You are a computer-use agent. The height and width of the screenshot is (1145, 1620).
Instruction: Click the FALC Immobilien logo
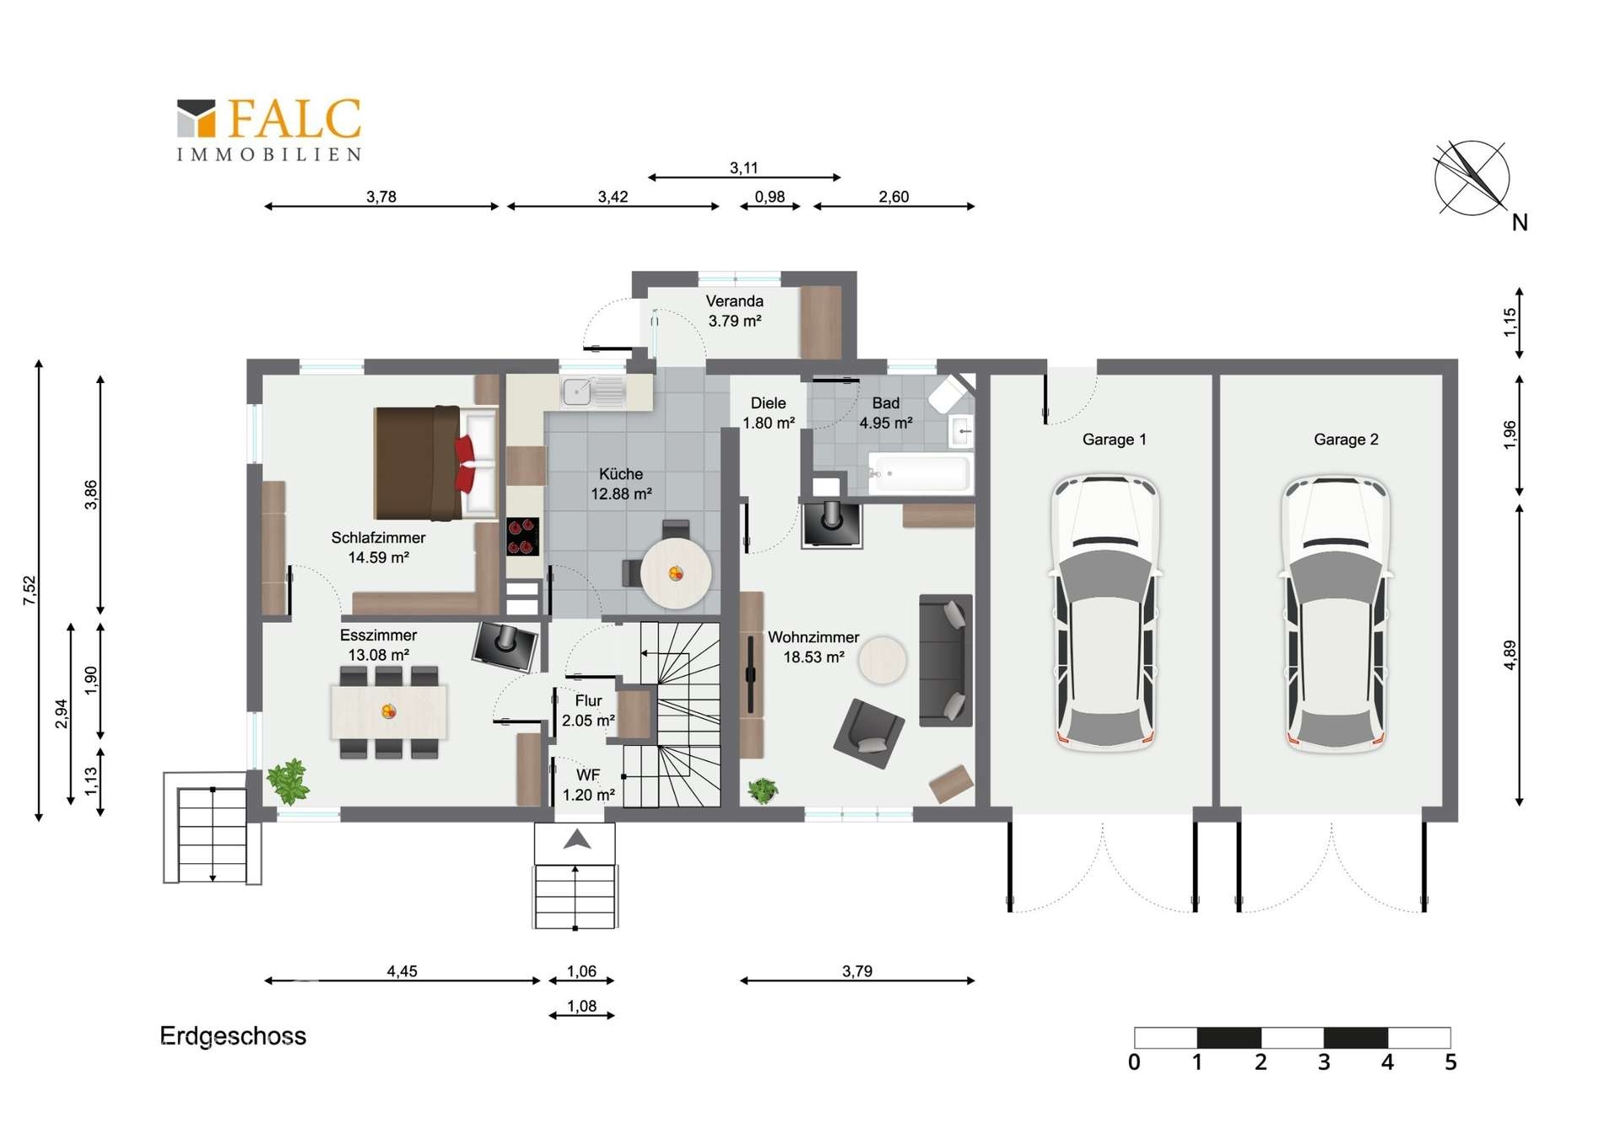click(269, 129)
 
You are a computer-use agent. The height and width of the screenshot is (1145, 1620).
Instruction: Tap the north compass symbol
click(1472, 178)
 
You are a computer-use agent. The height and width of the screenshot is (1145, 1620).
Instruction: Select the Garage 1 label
click(1114, 440)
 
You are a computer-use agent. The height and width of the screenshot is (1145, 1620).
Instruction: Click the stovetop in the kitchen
click(523, 536)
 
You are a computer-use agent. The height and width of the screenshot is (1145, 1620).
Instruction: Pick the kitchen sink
click(594, 392)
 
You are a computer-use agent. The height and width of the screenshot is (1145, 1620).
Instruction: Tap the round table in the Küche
click(675, 574)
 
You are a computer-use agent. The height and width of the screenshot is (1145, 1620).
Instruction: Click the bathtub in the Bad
click(919, 473)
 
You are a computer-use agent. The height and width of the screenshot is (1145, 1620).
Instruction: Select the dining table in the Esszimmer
click(389, 712)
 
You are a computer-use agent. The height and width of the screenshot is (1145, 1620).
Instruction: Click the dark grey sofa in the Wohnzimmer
click(945, 660)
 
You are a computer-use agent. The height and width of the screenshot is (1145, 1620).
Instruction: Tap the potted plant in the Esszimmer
click(289, 781)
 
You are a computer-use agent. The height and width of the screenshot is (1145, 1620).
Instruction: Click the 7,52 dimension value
click(30, 591)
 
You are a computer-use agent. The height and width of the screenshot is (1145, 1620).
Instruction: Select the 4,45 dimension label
click(402, 971)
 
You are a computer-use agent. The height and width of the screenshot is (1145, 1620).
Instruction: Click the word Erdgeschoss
click(233, 1036)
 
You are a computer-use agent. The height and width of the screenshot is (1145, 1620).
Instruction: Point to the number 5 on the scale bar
click(1450, 1062)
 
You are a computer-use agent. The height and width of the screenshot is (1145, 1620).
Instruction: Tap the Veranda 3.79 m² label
click(735, 311)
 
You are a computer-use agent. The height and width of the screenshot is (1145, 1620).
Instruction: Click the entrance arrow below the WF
click(577, 839)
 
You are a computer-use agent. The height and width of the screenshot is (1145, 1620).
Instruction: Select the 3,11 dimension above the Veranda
click(743, 168)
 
